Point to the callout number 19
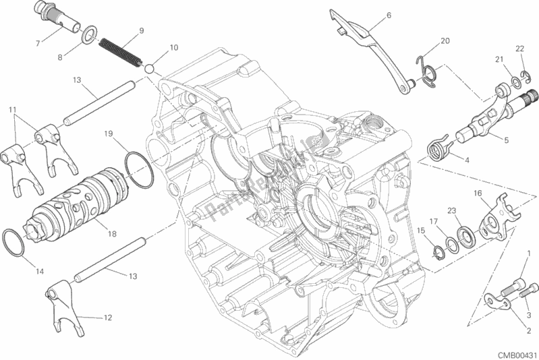click(107, 133)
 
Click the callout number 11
click(12, 109)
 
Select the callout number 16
click(477, 193)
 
